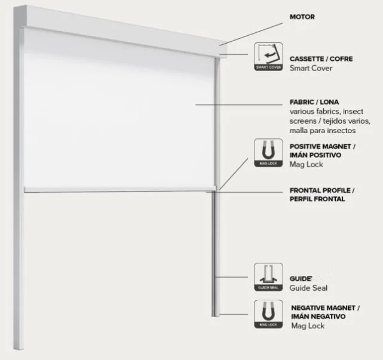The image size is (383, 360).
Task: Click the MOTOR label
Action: point(302,17)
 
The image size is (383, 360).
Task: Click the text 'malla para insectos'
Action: point(322,130)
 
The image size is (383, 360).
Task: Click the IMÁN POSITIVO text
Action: point(314,155)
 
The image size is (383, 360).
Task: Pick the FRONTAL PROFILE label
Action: point(321,190)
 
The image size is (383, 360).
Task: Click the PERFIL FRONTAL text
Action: point(317,199)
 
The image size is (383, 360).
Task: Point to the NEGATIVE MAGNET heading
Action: point(324,307)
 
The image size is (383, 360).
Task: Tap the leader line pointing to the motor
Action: point(251,33)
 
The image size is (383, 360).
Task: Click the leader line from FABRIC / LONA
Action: point(239,105)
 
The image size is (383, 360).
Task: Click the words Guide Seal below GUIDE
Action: point(308,288)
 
